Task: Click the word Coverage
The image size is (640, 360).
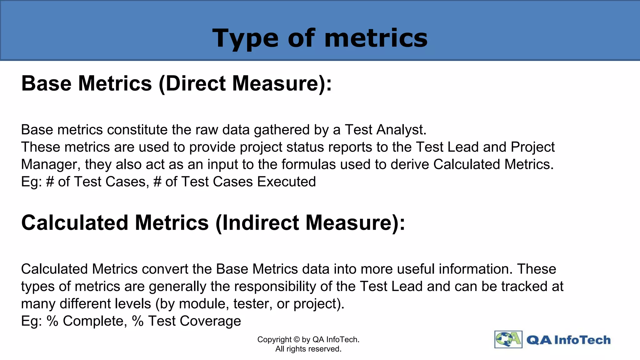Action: tap(210, 321)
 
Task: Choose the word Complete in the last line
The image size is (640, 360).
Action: tap(95, 321)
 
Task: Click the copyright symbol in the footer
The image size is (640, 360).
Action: tap(297, 340)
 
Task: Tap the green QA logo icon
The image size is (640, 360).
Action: tap(508, 339)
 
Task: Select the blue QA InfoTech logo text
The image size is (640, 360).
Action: tap(568, 340)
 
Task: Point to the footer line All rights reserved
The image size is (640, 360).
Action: tap(308, 349)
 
